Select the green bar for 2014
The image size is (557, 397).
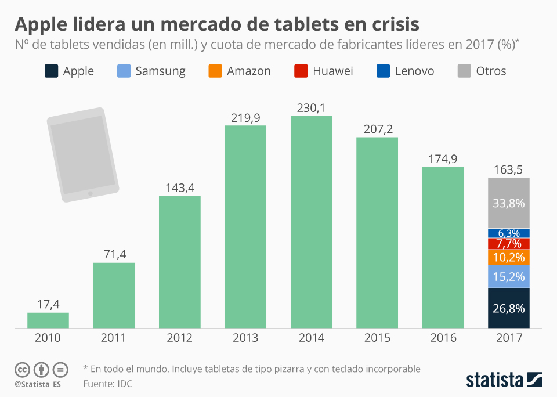[x=311, y=222]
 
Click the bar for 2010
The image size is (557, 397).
[x=48, y=320]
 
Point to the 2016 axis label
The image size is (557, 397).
[x=443, y=338]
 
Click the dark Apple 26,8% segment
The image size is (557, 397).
[x=509, y=308]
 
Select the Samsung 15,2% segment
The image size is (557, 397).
[x=509, y=277]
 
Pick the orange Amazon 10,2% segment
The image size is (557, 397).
[x=509, y=257]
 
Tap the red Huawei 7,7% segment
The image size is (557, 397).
[x=509, y=243]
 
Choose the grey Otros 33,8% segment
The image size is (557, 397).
[x=509, y=203]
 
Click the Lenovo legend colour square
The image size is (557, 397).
[x=384, y=71]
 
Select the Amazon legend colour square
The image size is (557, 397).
[x=215, y=71]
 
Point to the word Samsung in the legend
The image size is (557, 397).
[x=160, y=71]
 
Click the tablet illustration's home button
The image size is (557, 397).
[x=90, y=193]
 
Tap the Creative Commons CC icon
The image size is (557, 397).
[x=23, y=369]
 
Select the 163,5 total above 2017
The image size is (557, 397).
[x=508, y=170]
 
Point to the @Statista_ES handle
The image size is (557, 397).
[x=38, y=384]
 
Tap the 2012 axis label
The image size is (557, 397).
[x=179, y=338]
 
